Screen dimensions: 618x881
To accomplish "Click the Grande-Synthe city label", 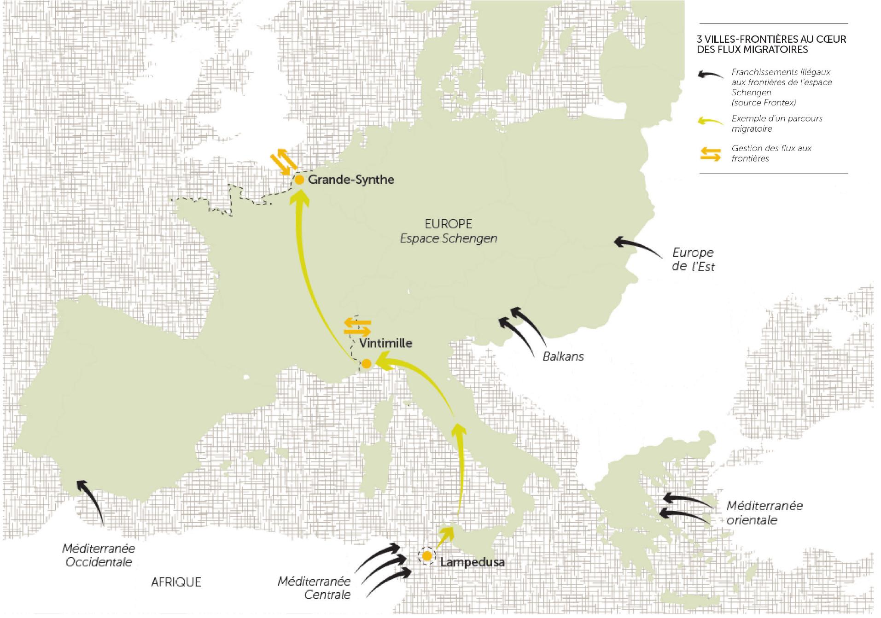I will coord(351,179).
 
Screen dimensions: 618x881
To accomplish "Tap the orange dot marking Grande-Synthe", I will coord(299,180).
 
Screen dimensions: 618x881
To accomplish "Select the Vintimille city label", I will coord(385,343).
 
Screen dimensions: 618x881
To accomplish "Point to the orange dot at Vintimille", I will coord(367,364).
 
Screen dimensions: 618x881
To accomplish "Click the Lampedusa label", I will coord(472,562).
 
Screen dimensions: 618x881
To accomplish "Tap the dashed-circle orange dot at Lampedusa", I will coord(427,556).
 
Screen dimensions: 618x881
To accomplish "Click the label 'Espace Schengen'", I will coord(449,239).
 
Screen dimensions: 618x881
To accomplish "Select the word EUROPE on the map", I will coord(449,224).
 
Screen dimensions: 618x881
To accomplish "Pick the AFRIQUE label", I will coord(176,582).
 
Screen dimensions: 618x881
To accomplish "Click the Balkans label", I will coord(563,356).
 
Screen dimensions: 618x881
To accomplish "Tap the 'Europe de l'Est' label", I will coord(693,259).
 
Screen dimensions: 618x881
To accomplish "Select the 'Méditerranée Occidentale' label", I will coord(99,555).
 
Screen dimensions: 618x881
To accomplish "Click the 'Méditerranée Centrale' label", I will coord(314,588).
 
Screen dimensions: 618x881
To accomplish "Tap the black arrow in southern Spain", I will coord(92,500).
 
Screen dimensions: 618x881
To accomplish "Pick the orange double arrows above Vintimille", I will coord(357,326).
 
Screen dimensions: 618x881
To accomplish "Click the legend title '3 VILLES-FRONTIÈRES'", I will coord(771,44).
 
